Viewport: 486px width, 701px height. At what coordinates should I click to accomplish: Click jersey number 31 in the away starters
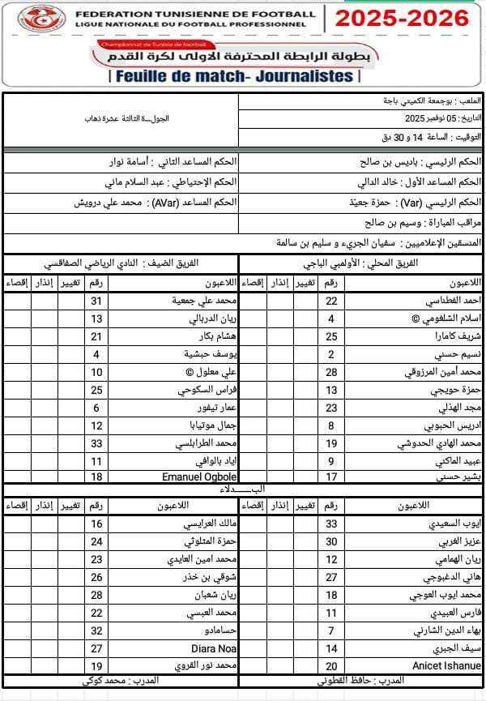point(96,301)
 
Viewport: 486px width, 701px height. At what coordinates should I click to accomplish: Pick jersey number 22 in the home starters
point(331,301)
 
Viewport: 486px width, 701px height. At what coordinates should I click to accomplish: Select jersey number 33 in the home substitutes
point(331,524)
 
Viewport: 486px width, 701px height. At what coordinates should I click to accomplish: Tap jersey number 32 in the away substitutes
point(96,630)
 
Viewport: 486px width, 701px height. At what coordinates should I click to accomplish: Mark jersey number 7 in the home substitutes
point(331,630)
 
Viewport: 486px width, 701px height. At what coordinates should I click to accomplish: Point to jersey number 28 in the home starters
point(331,372)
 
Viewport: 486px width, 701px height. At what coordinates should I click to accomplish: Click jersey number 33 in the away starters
point(96,443)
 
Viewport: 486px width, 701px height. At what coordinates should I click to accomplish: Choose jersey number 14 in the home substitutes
point(331,648)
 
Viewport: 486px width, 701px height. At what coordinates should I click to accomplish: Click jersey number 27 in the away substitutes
point(96,648)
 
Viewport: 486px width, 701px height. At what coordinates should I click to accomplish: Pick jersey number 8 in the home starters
point(331,425)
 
